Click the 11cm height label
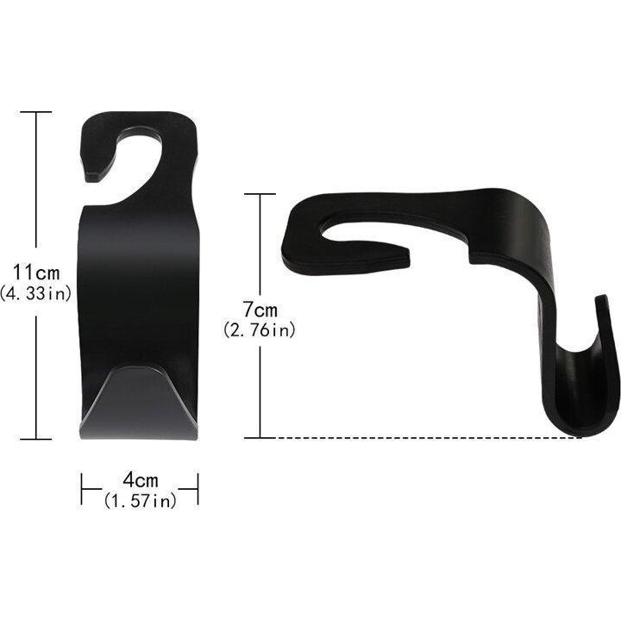click(x=36, y=272)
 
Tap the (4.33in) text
click(x=35, y=293)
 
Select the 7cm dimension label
click(x=260, y=310)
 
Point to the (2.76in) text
click(x=260, y=329)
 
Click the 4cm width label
click(x=141, y=480)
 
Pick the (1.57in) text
click(x=141, y=501)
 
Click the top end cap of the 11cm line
click(x=36, y=112)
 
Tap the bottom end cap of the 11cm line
click(x=36, y=439)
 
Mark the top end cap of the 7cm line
click(x=260, y=194)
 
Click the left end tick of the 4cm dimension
click(x=82, y=489)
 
